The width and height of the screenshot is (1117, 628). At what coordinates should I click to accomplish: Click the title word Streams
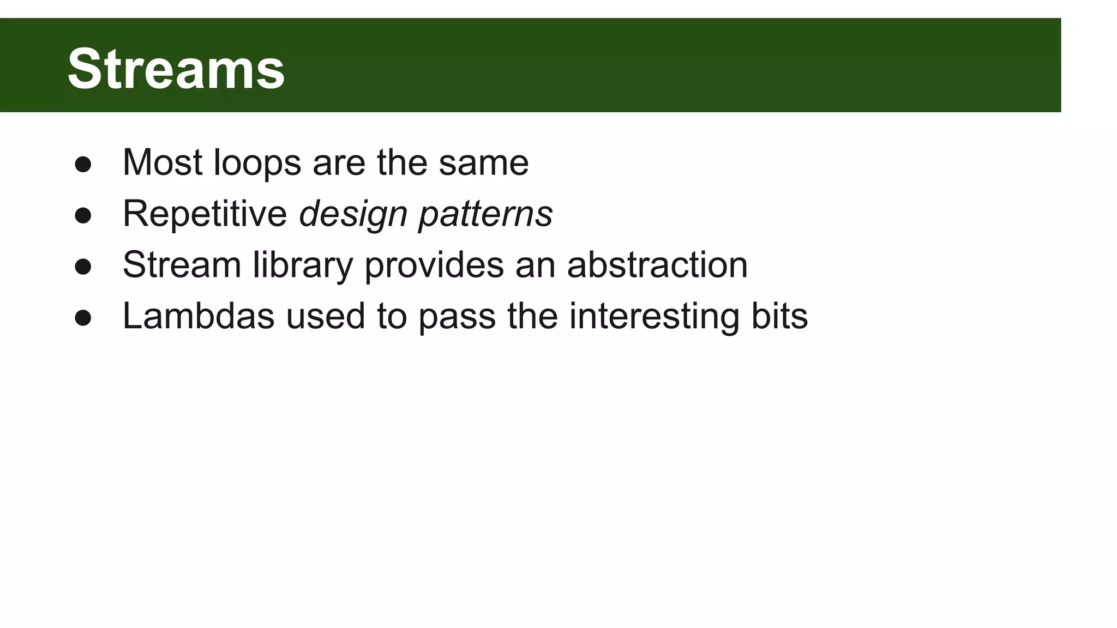[176, 69]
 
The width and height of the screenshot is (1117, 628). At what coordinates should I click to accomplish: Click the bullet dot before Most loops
[83, 164]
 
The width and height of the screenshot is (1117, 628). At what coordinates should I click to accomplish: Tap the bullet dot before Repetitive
[83, 215]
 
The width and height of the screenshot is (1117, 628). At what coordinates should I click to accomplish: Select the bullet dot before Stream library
[83, 267]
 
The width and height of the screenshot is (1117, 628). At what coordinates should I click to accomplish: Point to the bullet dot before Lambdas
[83, 318]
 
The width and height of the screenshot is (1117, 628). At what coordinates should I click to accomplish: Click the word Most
[163, 162]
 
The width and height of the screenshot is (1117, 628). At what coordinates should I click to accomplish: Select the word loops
[257, 164]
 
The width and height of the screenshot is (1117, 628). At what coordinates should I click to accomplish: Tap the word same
[484, 162]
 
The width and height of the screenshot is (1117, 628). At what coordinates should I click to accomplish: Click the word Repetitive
[205, 214]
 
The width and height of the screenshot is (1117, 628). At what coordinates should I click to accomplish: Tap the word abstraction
[657, 265]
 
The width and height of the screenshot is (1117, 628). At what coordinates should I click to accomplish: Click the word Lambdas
[198, 316]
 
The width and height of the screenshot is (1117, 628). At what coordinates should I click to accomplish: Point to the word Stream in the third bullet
[182, 265]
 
